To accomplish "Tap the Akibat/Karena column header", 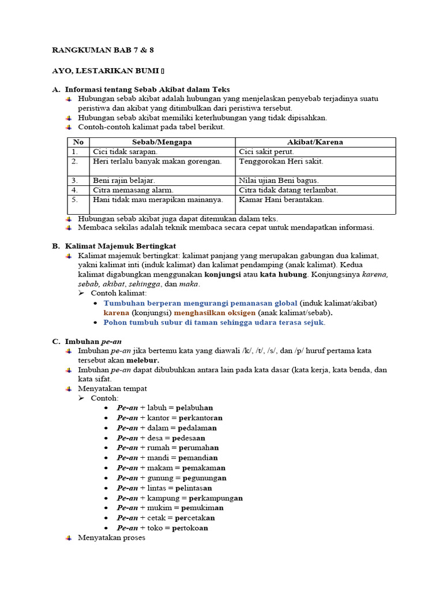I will (315, 142).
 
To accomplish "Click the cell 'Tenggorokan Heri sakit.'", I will (281, 162).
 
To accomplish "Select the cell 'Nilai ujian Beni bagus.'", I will (279, 181).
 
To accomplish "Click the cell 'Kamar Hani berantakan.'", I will (281, 200).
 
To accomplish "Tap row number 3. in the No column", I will (75, 181).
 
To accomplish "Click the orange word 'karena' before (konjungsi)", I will (117, 313).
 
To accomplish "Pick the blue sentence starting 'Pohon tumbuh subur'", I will (214, 323).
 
